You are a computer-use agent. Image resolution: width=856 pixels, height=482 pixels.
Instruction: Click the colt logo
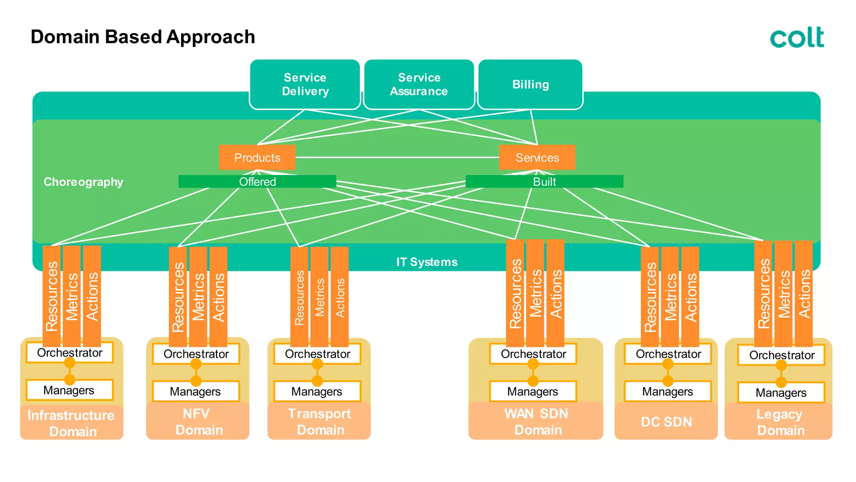[797, 37]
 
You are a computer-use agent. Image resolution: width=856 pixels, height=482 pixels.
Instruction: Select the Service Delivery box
[305, 84]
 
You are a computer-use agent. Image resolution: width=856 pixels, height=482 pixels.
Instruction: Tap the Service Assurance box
[419, 84]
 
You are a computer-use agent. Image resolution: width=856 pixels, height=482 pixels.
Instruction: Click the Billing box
[530, 84]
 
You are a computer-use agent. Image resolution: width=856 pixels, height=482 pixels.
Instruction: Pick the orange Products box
[257, 158]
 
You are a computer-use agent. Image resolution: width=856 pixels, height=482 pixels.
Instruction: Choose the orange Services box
[537, 158]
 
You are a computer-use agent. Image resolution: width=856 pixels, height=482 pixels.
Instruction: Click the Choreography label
[83, 182]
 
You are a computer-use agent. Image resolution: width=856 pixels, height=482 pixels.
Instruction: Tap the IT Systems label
[427, 262]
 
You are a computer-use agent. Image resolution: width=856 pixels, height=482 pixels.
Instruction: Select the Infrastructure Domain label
[71, 423]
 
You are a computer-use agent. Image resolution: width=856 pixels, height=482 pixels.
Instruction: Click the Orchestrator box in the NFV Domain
[196, 354]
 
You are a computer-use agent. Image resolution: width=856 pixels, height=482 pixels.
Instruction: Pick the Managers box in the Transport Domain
[317, 391]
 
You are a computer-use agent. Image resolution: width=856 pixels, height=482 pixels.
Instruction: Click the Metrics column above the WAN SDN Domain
[535, 293]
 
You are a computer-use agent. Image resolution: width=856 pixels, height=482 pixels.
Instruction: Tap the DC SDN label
[666, 422]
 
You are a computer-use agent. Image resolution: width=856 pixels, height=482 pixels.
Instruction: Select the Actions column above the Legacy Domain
[804, 293]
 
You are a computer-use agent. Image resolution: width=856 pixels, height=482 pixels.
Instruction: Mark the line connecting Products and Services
[397, 157]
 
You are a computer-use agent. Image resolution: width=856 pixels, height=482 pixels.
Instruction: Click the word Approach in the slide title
[211, 37]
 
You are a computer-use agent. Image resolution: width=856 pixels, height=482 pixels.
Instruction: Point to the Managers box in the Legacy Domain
[781, 393]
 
